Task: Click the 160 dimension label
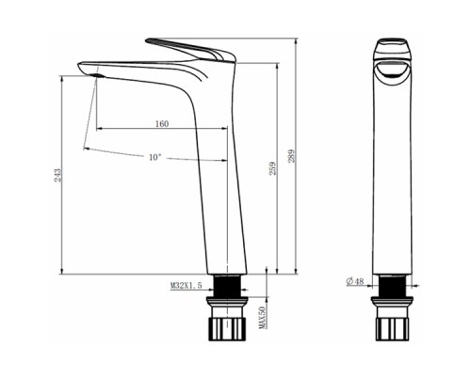[162, 124]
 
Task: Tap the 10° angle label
[155, 157]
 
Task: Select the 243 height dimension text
[57, 176]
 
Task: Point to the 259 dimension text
[273, 168]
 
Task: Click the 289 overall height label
[292, 156]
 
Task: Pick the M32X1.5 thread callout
[187, 286]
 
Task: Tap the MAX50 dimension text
[262, 317]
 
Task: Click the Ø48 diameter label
[355, 281]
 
